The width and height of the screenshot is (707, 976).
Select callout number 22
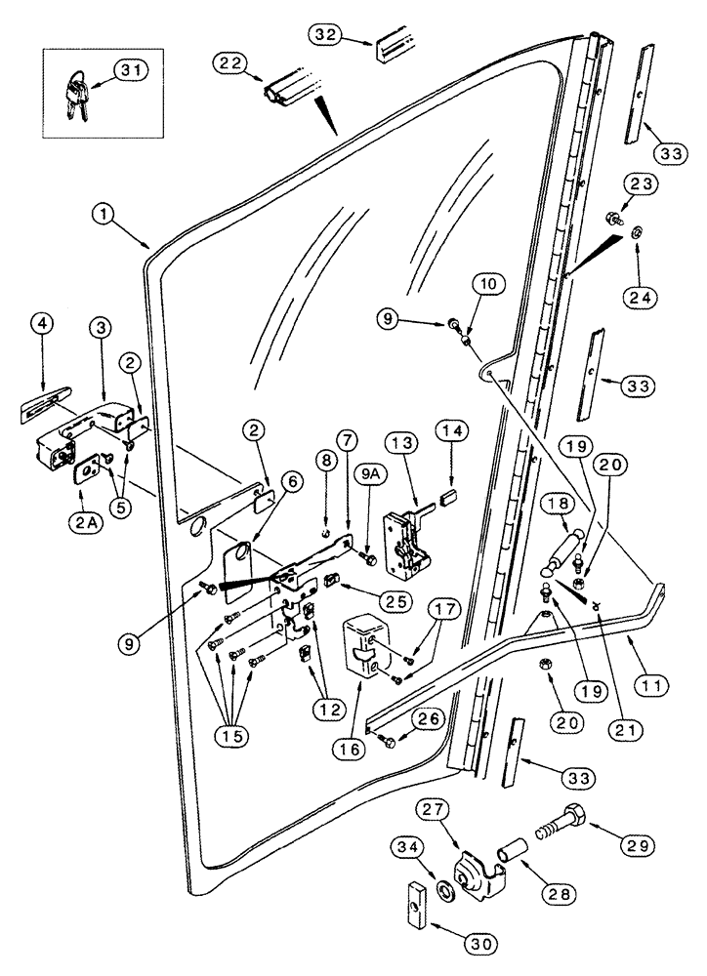pyautogui.click(x=230, y=61)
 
